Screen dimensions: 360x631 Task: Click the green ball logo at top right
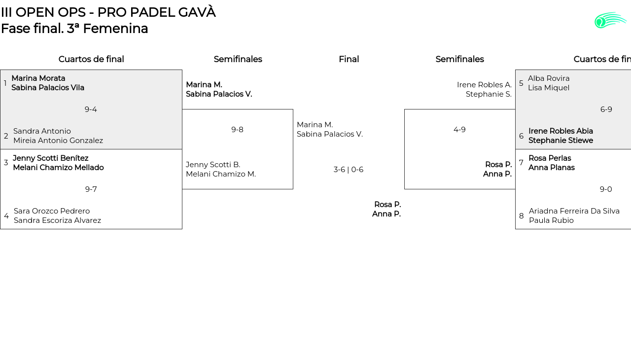610,20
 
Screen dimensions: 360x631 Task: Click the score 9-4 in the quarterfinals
91,109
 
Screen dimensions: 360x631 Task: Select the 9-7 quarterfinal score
91,189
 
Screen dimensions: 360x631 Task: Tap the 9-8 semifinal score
237,130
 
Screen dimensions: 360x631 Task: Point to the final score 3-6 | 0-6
349,170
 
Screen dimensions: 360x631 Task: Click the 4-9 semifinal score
459,130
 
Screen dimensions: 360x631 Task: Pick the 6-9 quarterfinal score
606,109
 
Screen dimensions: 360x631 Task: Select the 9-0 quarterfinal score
606,189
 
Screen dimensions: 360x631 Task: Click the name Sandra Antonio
42,131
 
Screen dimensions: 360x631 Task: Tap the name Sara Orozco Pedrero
52,211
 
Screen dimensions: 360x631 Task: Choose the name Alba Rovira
549,78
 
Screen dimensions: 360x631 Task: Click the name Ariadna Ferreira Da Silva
574,211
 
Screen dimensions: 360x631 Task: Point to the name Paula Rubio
551,220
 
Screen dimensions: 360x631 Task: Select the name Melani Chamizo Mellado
58,168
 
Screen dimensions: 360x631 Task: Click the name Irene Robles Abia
561,131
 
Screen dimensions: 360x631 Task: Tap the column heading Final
349,59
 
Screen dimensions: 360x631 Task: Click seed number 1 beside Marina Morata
5,83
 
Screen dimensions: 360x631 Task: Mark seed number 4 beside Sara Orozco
6,216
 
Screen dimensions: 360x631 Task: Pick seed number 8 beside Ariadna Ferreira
522,216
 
